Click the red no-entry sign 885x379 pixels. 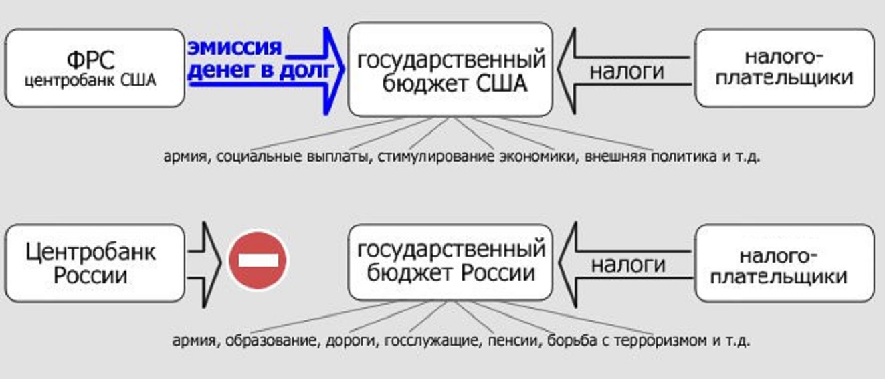[x=258, y=261]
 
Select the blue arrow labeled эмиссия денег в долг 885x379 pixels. [x=266, y=71]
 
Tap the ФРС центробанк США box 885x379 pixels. [x=95, y=68]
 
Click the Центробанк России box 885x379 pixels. [x=95, y=263]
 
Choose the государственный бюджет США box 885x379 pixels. [x=450, y=70]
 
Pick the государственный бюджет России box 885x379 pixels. [x=450, y=262]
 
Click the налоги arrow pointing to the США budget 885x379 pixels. [x=625, y=71]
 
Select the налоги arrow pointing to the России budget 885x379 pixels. [x=626, y=265]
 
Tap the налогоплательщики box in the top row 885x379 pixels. [x=785, y=68]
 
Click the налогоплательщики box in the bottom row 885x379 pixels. [x=785, y=263]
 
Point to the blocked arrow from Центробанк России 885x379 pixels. [x=205, y=265]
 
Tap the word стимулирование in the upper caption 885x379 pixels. [x=435, y=156]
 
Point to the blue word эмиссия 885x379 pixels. [x=235, y=48]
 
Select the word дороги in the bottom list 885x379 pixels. [x=351, y=341]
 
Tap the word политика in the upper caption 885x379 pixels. [x=684, y=156]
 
